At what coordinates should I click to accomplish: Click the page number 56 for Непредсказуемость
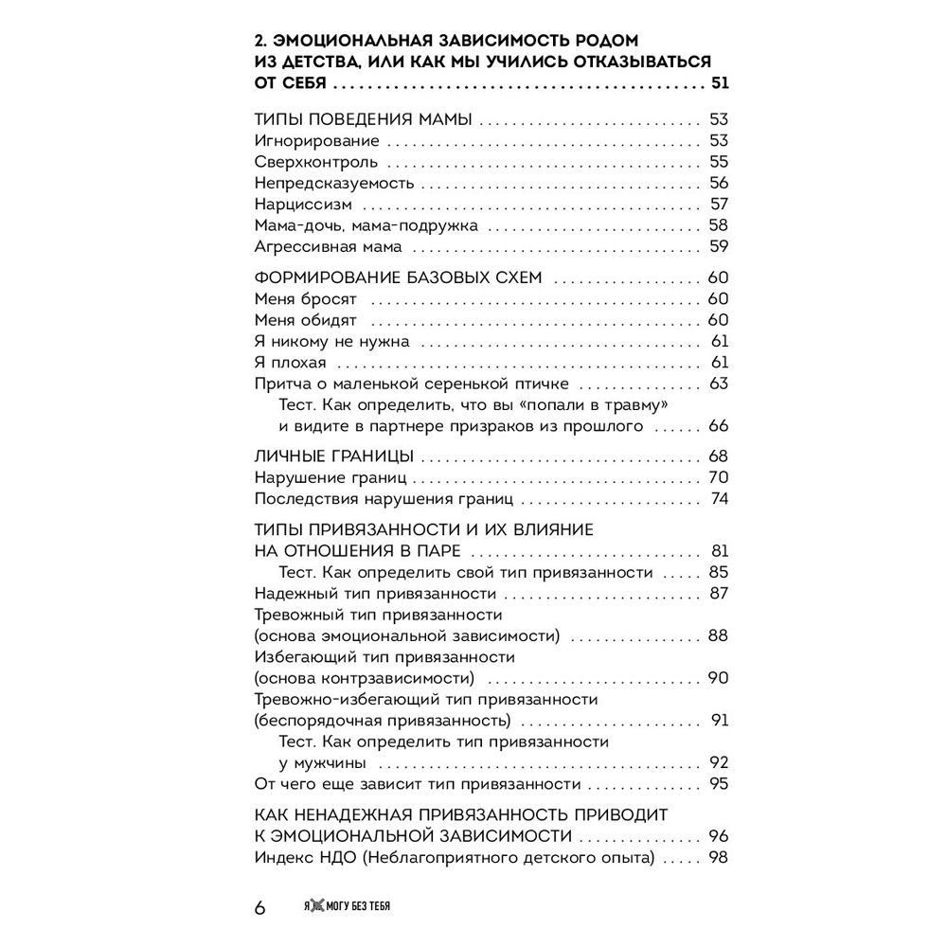tap(719, 183)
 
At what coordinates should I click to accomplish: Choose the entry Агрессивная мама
tap(329, 247)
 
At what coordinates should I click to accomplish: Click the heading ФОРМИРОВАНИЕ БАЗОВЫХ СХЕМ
tap(399, 278)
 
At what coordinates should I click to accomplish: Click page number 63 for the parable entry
tap(719, 384)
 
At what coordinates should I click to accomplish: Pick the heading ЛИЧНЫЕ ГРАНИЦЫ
tap(334, 456)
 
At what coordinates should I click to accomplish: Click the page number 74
tap(719, 499)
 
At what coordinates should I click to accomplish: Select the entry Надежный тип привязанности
tap(377, 594)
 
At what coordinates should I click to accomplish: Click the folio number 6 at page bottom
tap(260, 907)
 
